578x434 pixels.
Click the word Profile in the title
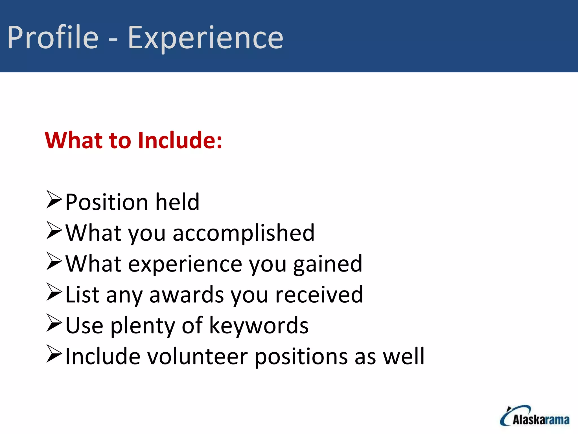(x=53, y=37)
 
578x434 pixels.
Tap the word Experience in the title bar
(x=205, y=38)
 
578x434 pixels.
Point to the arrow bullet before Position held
(x=54, y=199)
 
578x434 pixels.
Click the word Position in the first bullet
(x=107, y=202)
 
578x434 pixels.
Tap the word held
(x=178, y=202)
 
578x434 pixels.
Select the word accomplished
(x=244, y=233)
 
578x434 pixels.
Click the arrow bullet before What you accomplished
(x=54, y=230)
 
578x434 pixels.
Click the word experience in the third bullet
(x=185, y=264)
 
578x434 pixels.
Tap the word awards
(x=187, y=295)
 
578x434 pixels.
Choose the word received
(x=319, y=295)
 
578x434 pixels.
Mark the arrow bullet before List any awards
(x=54, y=292)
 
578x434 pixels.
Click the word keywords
(x=259, y=325)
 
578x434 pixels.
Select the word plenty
(x=143, y=325)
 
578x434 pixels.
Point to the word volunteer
(x=198, y=356)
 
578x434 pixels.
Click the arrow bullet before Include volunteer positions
(x=54, y=353)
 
